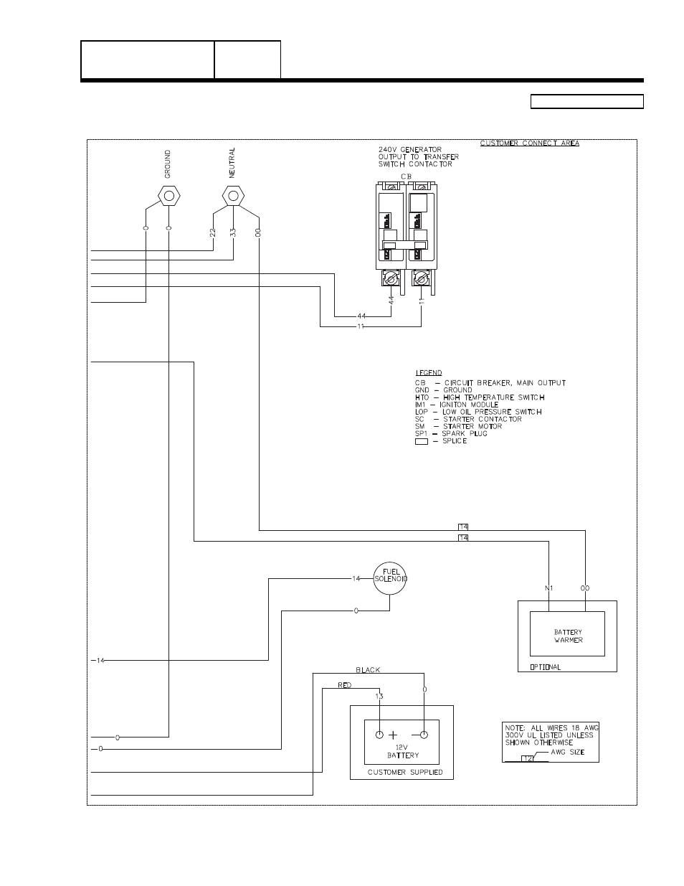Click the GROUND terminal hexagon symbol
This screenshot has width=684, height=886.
tap(168, 195)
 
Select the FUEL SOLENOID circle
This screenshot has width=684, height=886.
tap(390, 576)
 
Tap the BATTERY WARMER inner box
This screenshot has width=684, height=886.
tap(567, 633)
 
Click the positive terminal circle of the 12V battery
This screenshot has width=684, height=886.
tap(379, 735)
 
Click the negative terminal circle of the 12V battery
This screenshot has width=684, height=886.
tap(424, 735)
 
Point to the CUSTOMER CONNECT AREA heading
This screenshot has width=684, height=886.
tap(529, 143)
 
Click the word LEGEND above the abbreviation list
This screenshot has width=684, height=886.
tap(428, 373)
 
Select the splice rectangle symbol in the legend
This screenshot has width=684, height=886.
tap(421, 441)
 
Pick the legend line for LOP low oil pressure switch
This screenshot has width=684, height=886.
tap(478, 412)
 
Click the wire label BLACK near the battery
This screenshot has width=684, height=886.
tap(369, 670)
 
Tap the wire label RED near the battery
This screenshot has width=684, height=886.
tap(345, 685)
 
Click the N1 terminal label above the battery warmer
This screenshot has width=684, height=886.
tap(549, 588)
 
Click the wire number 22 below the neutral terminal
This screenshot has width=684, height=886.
tap(213, 232)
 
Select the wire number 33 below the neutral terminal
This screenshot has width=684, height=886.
tap(232, 232)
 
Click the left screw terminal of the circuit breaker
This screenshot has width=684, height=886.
tap(391, 278)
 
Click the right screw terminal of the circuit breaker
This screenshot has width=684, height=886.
tap(422, 278)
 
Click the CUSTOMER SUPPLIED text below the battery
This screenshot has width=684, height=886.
tap(402, 773)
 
